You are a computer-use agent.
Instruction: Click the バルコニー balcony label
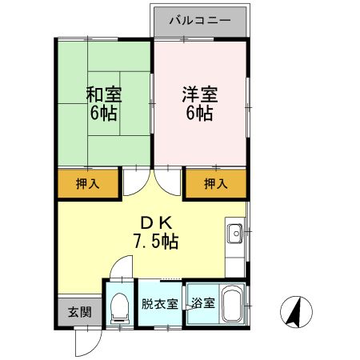[x=200, y=19]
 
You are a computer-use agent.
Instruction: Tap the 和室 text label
[x=103, y=94]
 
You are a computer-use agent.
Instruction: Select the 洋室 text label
[x=199, y=94]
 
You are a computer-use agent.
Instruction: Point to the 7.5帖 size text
[x=155, y=240]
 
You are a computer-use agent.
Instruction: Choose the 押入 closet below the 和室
[x=88, y=184]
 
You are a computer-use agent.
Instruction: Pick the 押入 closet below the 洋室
[x=215, y=184]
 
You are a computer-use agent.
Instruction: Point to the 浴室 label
[x=202, y=304]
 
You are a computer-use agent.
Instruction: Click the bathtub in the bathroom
[x=232, y=305]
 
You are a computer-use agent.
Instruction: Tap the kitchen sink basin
[x=235, y=234]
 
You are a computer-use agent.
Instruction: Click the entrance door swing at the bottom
[x=85, y=344]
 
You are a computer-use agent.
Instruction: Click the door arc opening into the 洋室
[x=170, y=182]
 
